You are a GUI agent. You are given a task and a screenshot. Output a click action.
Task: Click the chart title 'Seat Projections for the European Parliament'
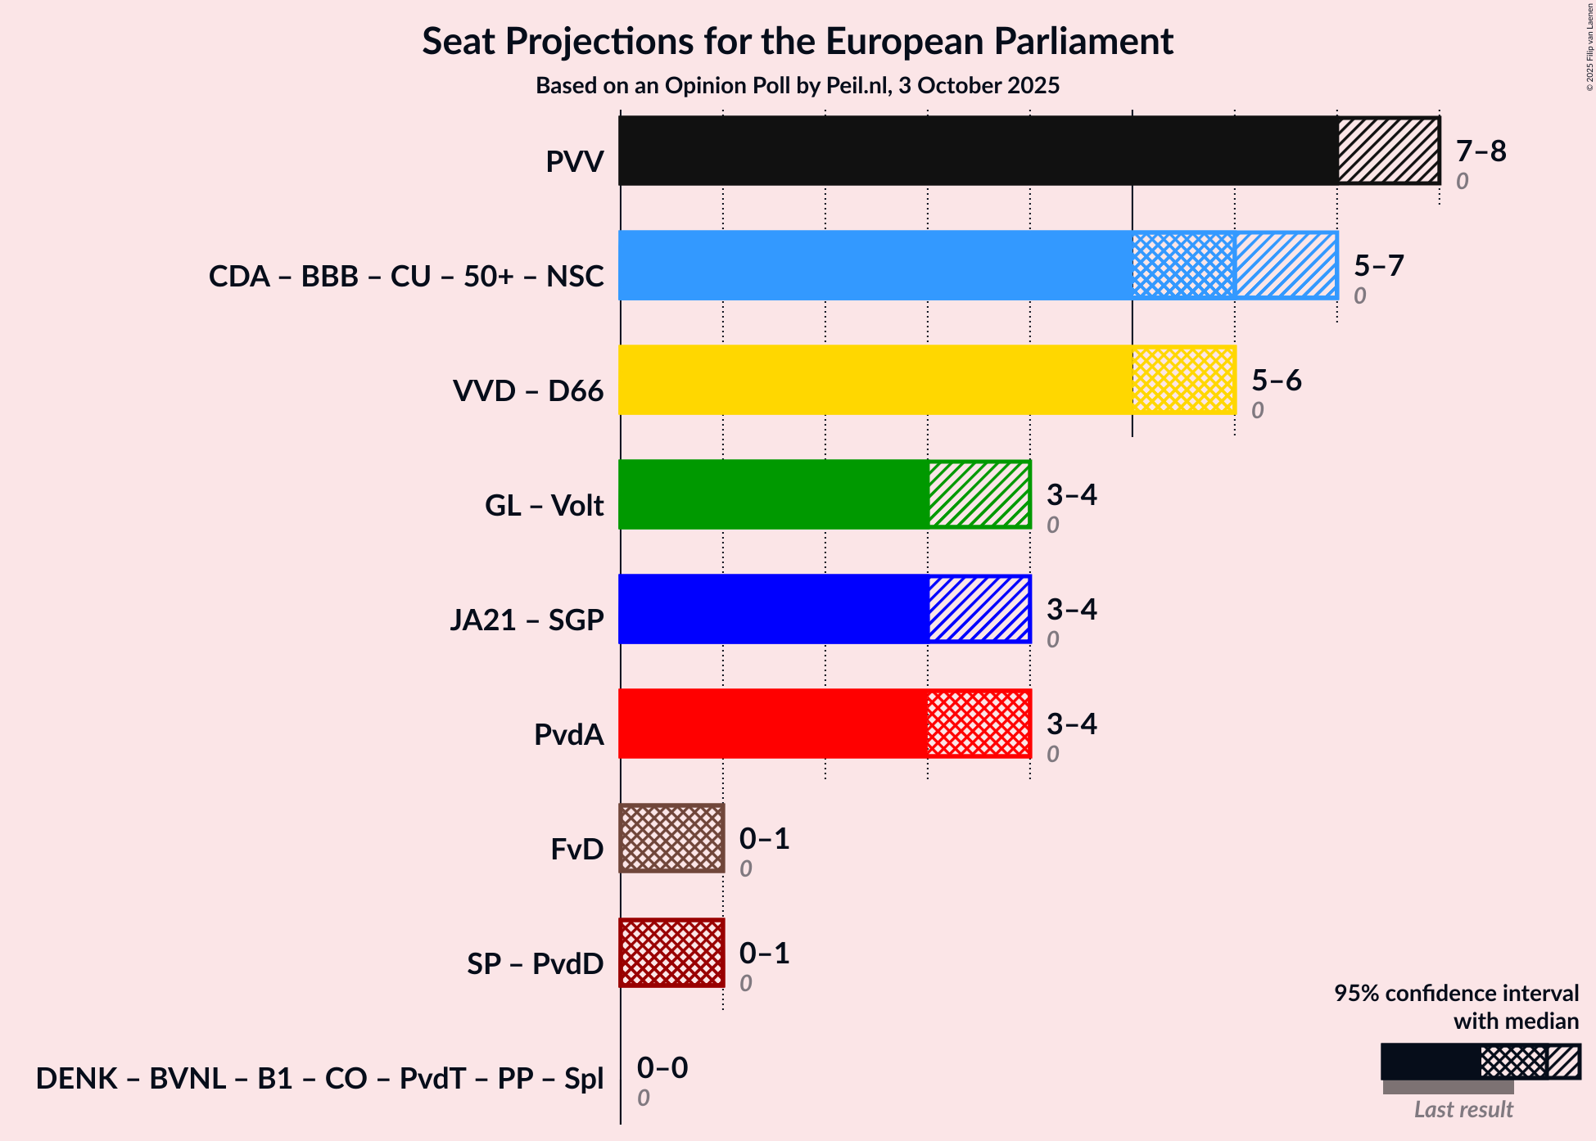pyautogui.click(x=798, y=42)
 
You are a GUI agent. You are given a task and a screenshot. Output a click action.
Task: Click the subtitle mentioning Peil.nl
pyautogui.click(x=798, y=86)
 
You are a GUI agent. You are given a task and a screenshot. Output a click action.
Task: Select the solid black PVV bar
pyautogui.click(x=978, y=151)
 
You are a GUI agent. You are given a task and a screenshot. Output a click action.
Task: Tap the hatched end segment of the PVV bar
pyautogui.click(x=1388, y=151)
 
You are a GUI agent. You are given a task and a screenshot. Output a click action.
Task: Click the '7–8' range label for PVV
pyautogui.click(x=1481, y=151)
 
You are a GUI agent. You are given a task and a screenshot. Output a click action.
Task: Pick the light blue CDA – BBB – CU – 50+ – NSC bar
pyautogui.click(x=875, y=265)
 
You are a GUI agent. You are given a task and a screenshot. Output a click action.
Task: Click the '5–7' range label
pyautogui.click(x=1378, y=266)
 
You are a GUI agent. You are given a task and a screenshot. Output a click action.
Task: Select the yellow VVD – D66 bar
pyautogui.click(x=875, y=380)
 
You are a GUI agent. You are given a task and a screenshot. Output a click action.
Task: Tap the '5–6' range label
pyautogui.click(x=1276, y=381)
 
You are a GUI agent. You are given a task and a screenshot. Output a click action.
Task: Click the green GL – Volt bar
pyautogui.click(x=773, y=494)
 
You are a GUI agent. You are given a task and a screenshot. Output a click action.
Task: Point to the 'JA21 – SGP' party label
pyautogui.click(x=527, y=620)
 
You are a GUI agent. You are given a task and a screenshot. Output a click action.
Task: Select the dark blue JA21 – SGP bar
pyautogui.click(x=773, y=609)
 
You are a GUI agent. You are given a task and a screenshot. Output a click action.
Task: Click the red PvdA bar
pyautogui.click(x=773, y=724)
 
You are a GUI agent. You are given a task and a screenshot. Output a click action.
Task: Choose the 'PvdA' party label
pyautogui.click(x=568, y=735)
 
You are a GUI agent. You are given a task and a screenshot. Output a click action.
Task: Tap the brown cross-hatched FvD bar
pyautogui.click(x=671, y=838)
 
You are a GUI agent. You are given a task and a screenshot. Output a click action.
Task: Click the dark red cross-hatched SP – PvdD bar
pyautogui.click(x=671, y=953)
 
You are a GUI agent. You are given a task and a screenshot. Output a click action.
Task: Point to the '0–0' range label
pyautogui.click(x=662, y=1068)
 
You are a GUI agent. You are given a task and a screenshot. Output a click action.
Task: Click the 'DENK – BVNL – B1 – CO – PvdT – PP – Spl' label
pyautogui.click(x=319, y=1079)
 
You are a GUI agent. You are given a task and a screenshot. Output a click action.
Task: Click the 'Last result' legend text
pyautogui.click(x=1463, y=1110)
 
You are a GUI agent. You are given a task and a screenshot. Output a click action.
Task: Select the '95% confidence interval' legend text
pyautogui.click(x=1456, y=994)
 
